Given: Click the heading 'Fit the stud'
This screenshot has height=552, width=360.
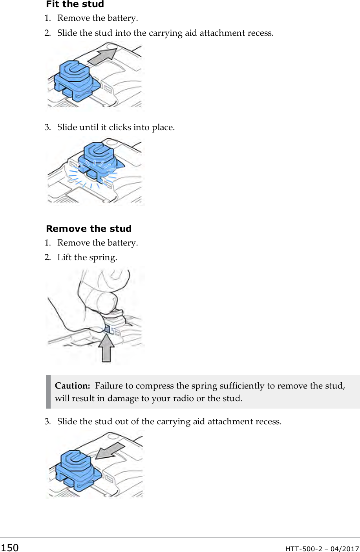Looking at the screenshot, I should click(x=75, y=4).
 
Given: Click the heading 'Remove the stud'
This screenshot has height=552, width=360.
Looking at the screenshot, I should click(x=89, y=229).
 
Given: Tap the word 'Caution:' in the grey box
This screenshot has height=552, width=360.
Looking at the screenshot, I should click(x=72, y=386).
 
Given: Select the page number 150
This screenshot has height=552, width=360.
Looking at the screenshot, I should click(x=9, y=548).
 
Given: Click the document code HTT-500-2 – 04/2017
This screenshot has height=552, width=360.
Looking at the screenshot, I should click(x=322, y=548).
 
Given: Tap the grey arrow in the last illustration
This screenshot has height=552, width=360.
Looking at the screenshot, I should click(x=110, y=451).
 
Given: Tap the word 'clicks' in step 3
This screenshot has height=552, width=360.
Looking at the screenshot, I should click(x=120, y=127).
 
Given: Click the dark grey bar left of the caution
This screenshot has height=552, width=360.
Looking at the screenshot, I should click(x=48, y=392).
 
